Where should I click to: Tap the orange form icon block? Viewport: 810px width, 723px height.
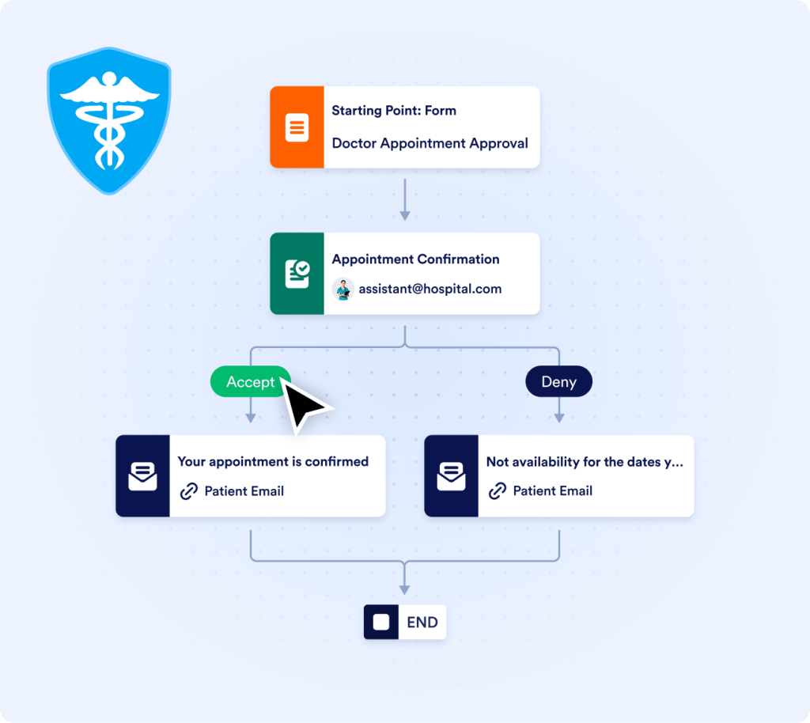tap(297, 127)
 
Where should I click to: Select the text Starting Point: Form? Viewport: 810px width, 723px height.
tap(394, 111)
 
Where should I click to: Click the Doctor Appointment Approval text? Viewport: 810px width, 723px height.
tap(430, 143)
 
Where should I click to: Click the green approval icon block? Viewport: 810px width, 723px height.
tap(297, 273)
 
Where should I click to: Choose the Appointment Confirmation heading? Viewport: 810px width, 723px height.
tap(415, 259)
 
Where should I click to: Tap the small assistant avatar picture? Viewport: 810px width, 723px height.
tap(343, 290)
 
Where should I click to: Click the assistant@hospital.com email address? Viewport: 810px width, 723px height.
tap(430, 289)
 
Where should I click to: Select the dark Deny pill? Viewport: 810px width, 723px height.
tap(558, 382)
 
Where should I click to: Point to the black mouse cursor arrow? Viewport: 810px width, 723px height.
tap(305, 404)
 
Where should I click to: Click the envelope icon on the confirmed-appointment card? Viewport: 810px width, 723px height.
tap(142, 476)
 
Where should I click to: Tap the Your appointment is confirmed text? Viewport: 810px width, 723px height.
tap(273, 461)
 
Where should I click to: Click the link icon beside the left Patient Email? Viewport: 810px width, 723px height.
tap(188, 491)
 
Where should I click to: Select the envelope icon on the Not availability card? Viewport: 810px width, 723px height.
tap(451, 476)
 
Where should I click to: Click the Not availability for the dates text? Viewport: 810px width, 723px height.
tap(585, 461)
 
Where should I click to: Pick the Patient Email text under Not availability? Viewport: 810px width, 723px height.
tap(552, 491)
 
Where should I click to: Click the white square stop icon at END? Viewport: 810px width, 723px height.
tap(381, 623)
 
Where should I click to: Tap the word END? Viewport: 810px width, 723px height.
tap(422, 623)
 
